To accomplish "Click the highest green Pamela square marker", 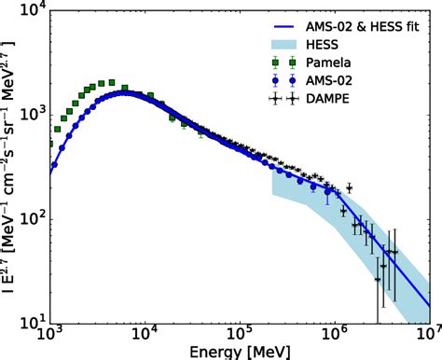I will click(x=111, y=83).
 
